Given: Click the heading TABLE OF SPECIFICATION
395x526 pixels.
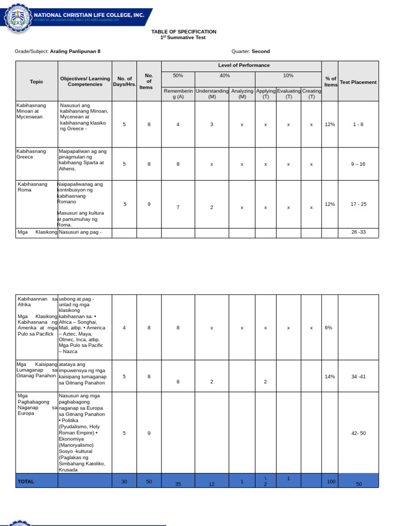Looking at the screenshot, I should [x=184, y=32].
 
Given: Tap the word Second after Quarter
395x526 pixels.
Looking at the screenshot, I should [x=261, y=51].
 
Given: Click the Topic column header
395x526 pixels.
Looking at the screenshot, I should [x=37, y=82].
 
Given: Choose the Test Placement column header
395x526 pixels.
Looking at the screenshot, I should [x=358, y=82].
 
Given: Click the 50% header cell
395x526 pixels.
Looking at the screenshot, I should [x=178, y=76].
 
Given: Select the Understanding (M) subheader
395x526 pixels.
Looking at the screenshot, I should [x=212, y=93].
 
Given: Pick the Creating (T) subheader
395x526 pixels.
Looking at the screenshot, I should [x=311, y=93].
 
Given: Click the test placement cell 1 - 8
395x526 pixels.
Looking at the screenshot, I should [x=358, y=124].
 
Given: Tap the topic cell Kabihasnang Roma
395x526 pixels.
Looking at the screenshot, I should [x=32, y=186].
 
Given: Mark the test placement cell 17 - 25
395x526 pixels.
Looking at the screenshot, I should [x=358, y=204].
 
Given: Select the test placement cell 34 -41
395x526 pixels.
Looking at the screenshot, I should [x=358, y=377].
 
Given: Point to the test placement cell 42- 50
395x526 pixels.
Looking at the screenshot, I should [x=358, y=433].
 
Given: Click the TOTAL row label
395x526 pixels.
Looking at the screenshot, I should [x=26, y=481].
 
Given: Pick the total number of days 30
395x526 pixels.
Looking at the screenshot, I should [x=124, y=481].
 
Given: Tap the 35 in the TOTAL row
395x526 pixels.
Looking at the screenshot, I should [x=178, y=484].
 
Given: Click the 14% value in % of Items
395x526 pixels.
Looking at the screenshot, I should [x=330, y=377].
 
